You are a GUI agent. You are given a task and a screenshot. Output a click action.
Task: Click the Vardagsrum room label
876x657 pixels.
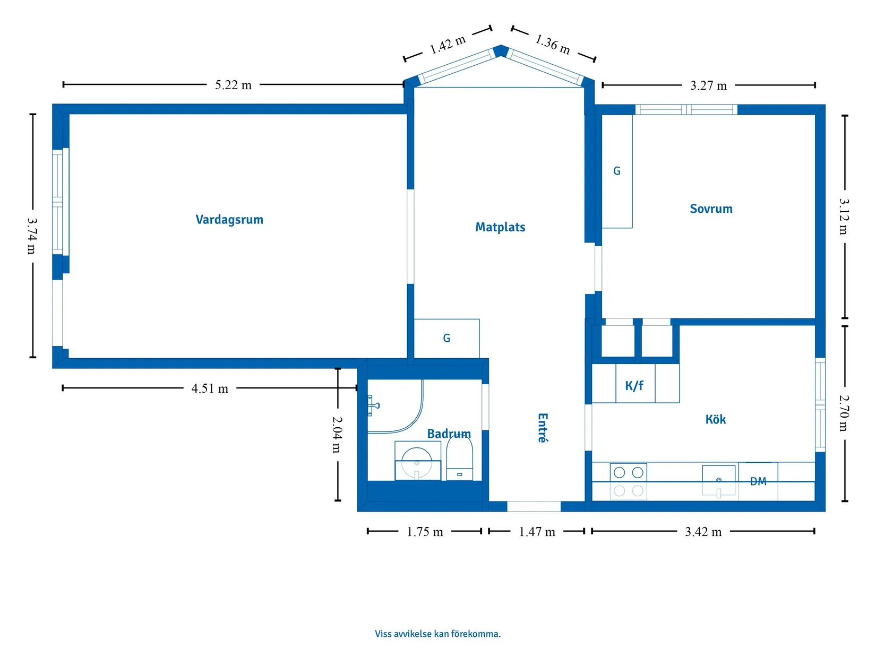pos(229,220)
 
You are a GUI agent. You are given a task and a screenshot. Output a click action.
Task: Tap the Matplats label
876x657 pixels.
pos(500,227)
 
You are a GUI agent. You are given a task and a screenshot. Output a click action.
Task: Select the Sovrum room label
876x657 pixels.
pos(711,209)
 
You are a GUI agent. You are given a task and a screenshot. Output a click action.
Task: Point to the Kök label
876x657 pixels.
pos(715,420)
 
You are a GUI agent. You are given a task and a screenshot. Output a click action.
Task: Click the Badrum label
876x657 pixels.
pos(449,434)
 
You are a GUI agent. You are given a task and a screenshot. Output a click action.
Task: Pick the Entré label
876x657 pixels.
pos(542,428)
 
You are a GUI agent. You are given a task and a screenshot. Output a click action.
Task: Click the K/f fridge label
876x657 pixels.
pos(634,386)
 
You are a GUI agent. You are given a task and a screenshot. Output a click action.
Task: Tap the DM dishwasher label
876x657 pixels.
pos(758,482)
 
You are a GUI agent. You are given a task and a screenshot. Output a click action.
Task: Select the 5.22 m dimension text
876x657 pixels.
pos(233,85)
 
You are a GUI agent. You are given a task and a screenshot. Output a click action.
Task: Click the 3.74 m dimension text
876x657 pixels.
pos(32,236)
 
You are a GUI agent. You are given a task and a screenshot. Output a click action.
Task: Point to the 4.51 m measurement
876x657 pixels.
pos(210,388)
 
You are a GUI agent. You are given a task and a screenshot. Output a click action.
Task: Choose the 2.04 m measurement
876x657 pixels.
pos(337,434)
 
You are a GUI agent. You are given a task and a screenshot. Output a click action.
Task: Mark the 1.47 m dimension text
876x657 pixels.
pos(537,532)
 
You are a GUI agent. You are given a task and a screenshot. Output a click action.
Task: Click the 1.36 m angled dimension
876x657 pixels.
pos(553,45)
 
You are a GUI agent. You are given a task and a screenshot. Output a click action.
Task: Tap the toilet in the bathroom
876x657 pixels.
pos(460,459)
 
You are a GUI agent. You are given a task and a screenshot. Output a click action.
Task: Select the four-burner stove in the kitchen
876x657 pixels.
pos(629,481)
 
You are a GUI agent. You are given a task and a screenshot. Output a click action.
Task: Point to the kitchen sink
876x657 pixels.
pos(718,480)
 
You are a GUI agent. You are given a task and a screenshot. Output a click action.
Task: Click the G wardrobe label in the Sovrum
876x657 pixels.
pos(617,171)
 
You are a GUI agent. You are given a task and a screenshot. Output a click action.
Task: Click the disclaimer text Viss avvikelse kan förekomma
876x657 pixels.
pos(437,634)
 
